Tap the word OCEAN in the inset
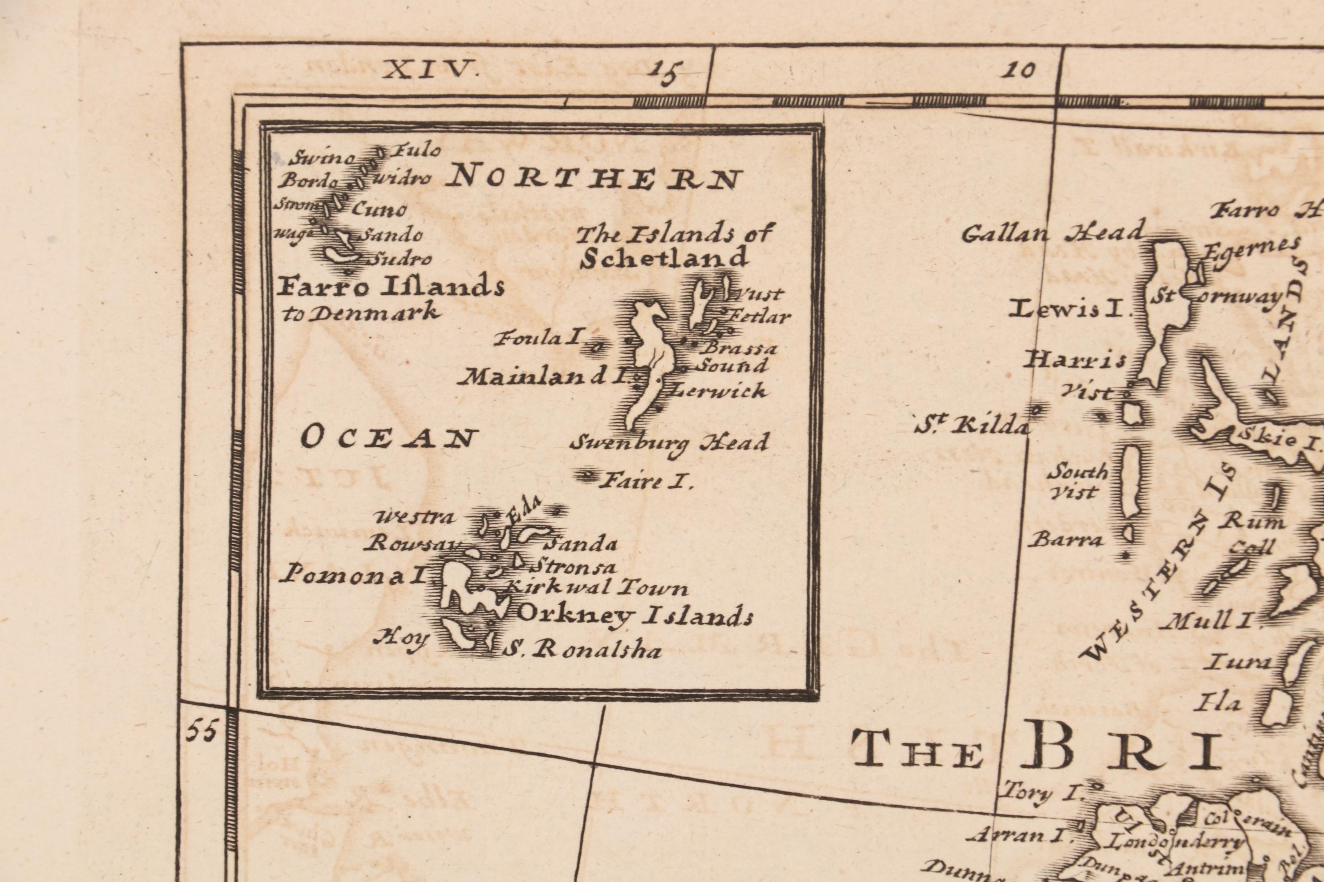[389, 437]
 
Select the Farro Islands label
[391, 287]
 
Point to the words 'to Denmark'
[360, 313]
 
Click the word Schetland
[664, 258]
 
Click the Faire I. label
[645, 481]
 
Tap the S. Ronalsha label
[581, 651]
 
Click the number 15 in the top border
[665, 72]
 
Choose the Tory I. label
[1040, 793]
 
